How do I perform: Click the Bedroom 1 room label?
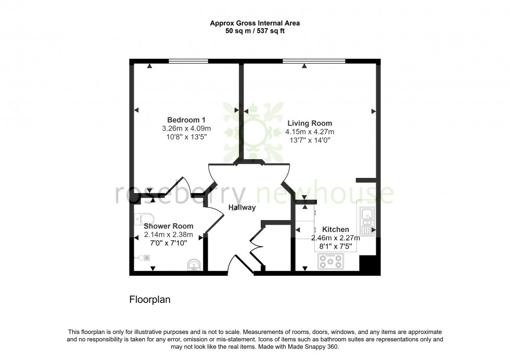(x=186, y=120)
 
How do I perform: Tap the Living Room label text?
(x=310, y=123)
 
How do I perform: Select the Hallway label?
(x=242, y=208)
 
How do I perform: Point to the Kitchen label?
(x=336, y=229)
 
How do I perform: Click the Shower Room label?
(x=169, y=226)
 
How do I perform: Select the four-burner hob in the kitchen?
(x=330, y=261)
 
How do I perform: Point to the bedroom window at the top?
(x=188, y=61)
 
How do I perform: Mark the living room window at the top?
(x=314, y=61)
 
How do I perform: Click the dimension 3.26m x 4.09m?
(x=186, y=128)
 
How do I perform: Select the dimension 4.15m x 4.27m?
(x=310, y=132)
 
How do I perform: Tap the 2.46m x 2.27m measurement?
(x=336, y=238)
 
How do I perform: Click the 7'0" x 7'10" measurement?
(x=169, y=243)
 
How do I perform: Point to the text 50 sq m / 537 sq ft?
(x=254, y=31)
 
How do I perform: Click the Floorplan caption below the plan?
(x=150, y=300)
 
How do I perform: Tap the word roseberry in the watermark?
(x=180, y=194)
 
